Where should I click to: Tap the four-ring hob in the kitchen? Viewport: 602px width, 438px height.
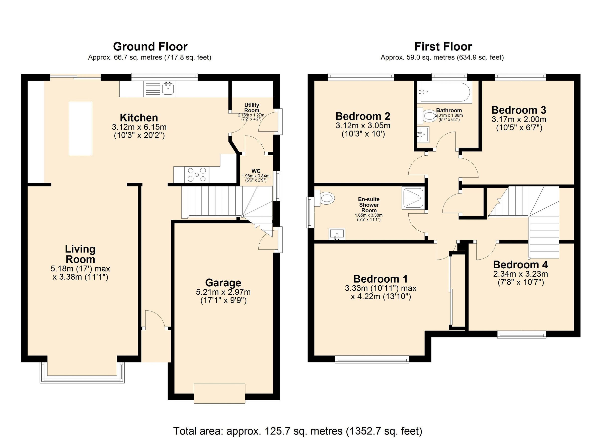[197, 174]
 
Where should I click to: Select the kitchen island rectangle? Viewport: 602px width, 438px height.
[81, 128]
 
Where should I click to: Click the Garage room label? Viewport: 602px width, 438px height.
[223, 283]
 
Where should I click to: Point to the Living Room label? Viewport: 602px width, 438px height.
[80, 254]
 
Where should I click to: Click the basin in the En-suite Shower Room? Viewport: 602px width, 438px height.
[337, 234]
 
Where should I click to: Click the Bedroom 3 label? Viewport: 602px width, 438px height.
[519, 110]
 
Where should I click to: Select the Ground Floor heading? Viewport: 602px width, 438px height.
[150, 46]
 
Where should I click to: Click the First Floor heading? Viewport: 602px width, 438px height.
[443, 46]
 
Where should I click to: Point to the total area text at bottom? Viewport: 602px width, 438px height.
[297, 431]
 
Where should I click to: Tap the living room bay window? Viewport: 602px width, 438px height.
[82, 379]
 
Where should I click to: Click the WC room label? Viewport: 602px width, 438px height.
[256, 171]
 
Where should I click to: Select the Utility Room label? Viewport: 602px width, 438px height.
[252, 108]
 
